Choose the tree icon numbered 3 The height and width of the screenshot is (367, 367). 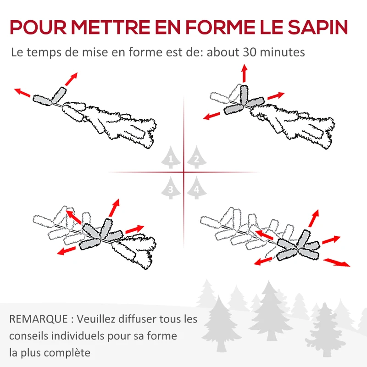pyautogui.click(x=171, y=188)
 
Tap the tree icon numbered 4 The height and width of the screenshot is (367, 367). pyautogui.click(x=196, y=188)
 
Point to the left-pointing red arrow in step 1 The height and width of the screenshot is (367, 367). pyautogui.click(x=22, y=92)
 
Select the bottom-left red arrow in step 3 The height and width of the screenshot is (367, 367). pyautogui.click(x=67, y=250)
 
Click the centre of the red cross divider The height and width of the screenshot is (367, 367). pyautogui.click(x=183, y=172)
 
